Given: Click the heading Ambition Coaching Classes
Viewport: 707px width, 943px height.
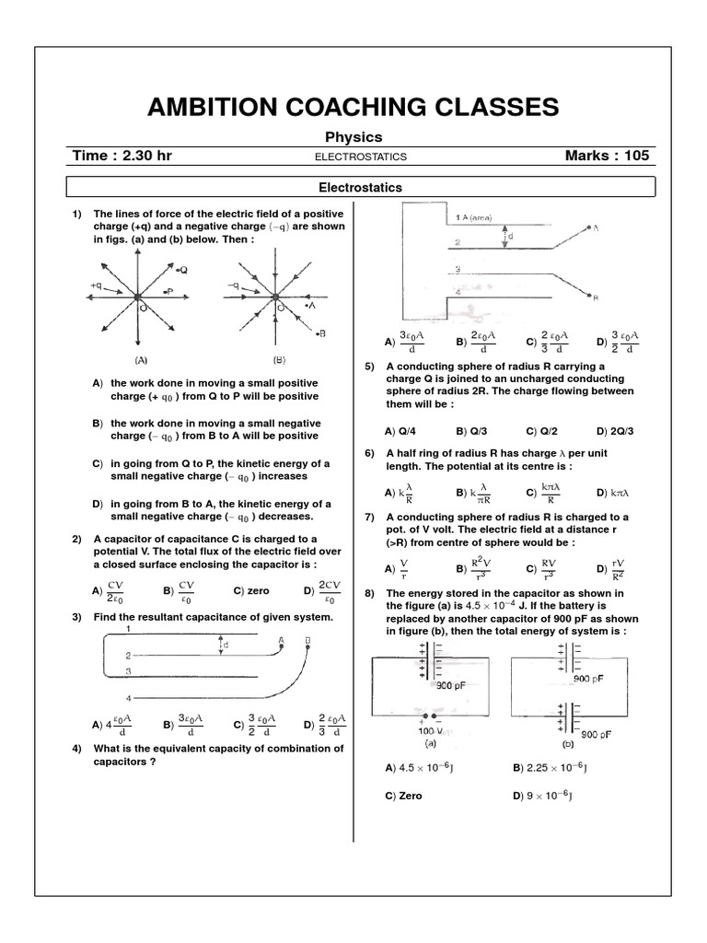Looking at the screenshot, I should click(x=353, y=107).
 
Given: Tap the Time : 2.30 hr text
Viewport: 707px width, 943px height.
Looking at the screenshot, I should click(x=122, y=156).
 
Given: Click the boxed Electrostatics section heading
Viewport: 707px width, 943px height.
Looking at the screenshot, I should click(x=360, y=188).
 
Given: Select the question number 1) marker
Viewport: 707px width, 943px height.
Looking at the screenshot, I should click(x=78, y=214).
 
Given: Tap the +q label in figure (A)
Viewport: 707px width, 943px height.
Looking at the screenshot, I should click(x=96, y=285).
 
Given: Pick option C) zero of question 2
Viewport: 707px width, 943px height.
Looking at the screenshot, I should click(x=250, y=591).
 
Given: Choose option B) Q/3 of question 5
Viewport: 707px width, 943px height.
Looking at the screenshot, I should click(x=472, y=430).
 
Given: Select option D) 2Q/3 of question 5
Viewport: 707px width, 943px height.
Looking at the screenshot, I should click(x=614, y=430).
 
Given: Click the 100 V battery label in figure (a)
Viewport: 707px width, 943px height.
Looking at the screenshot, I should click(x=423, y=730).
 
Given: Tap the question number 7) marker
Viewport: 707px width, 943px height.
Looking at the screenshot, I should click(x=370, y=518).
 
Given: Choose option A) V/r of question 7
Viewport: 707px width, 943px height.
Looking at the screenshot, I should click(x=398, y=568).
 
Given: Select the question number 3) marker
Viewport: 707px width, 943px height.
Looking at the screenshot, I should click(x=78, y=616).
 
